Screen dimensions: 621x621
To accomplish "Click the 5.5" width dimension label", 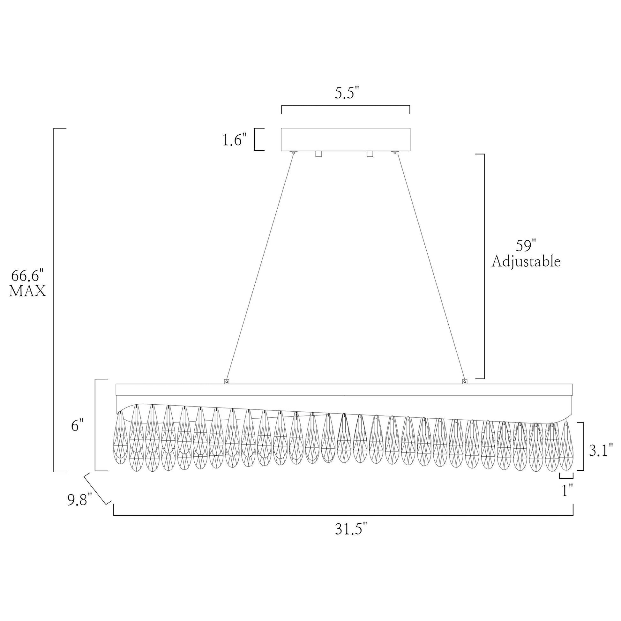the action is coord(347,93).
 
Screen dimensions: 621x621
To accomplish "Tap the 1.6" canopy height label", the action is coord(235,140).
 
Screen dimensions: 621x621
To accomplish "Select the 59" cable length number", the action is coord(527,246).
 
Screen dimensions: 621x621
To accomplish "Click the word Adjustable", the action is coord(526,261).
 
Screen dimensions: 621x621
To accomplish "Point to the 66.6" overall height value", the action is coord(27,276).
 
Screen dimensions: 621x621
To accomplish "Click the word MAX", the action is coord(27,291).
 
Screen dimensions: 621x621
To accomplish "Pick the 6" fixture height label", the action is coord(78,426).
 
